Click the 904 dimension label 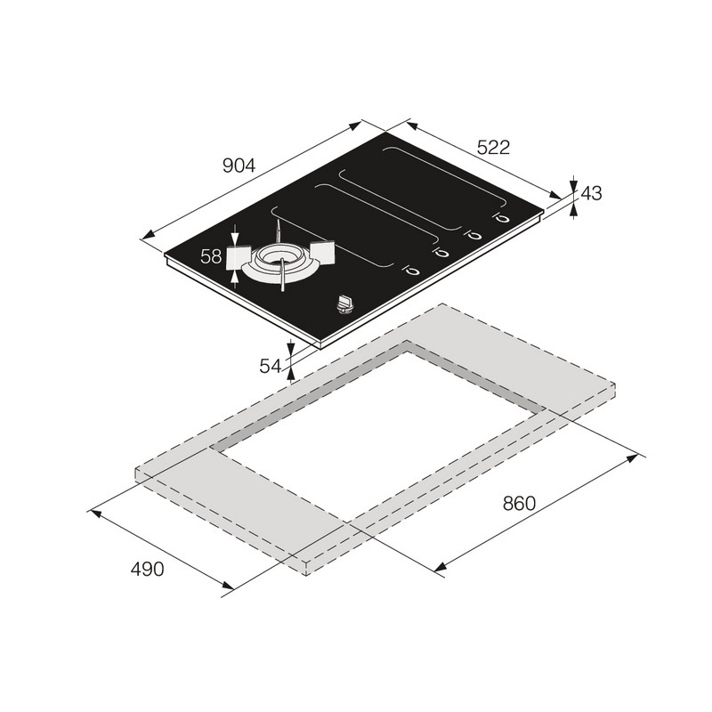click(x=239, y=166)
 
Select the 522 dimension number click(x=494, y=147)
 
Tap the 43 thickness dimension click(x=591, y=193)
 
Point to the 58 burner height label click(x=211, y=256)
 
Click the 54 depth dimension click(x=271, y=366)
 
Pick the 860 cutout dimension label click(x=519, y=503)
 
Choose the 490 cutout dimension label click(x=147, y=569)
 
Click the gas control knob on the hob click(x=344, y=304)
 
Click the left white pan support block click(x=238, y=257)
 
